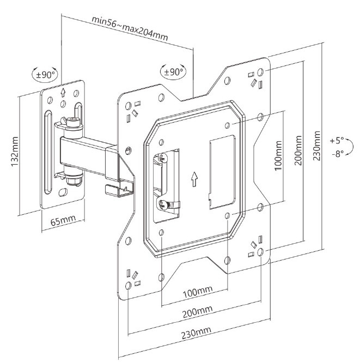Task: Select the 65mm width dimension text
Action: pyautogui.click(x=63, y=222)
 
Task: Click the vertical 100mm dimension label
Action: pyautogui.click(x=278, y=157)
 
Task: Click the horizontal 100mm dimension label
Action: pyautogui.click(x=197, y=293)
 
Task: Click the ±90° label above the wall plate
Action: pyautogui.click(x=46, y=75)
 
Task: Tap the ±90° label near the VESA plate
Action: pyautogui.click(x=173, y=71)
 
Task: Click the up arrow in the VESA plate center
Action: pyautogui.click(x=194, y=179)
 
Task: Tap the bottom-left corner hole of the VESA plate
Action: pyautogui.click(x=127, y=285)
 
